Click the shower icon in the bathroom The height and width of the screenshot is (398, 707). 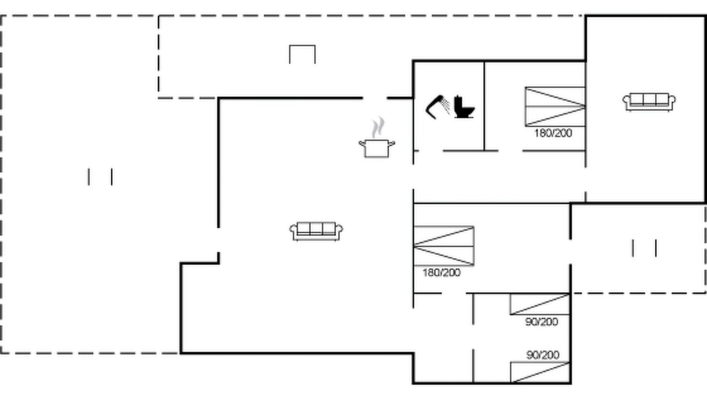pos(437,107)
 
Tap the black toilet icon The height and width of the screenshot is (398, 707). pos(464,107)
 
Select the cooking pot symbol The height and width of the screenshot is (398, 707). pos(377,148)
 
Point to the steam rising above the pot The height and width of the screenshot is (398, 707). pos(378,127)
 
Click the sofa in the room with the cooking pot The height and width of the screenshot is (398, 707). pos(316,231)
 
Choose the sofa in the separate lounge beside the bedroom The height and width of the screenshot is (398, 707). pos(649,102)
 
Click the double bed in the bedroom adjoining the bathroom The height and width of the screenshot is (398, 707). pos(555,107)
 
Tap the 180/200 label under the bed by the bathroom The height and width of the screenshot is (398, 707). pos(553,133)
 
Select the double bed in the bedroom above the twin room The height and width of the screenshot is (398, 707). pos(444,246)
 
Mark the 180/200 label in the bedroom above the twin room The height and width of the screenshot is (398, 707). pos(441,273)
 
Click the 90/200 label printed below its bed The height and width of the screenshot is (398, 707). pos(542,322)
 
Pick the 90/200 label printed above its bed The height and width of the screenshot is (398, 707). pos(543,355)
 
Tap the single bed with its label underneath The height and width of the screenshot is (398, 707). pos(540,304)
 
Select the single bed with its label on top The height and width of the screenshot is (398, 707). pos(540,372)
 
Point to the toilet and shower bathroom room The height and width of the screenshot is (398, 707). pos(449,106)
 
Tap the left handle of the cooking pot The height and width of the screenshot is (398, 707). pos(362,144)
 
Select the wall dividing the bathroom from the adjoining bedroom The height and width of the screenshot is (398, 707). pos(484,106)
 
